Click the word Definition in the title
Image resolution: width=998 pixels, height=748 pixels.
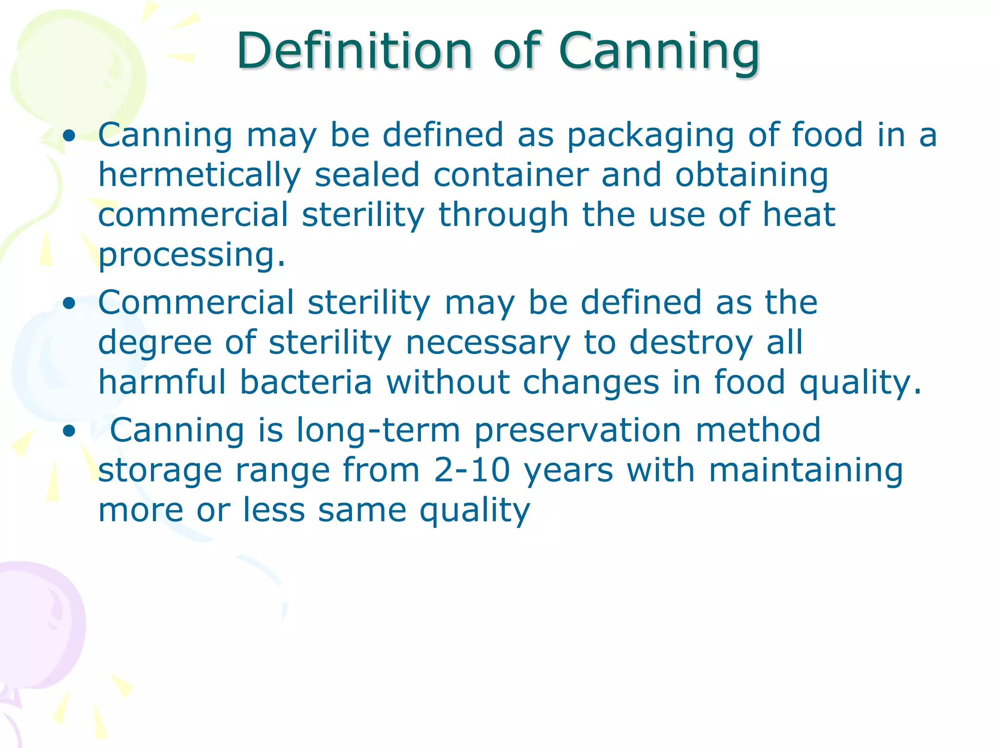(x=354, y=51)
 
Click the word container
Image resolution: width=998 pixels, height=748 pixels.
(x=511, y=175)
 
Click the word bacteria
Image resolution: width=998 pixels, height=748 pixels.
(x=306, y=382)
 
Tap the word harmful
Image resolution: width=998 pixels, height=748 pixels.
(x=162, y=382)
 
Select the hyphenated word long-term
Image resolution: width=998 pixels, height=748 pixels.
(x=378, y=430)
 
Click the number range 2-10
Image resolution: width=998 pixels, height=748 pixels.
(x=472, y=470)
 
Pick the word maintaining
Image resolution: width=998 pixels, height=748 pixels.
(x=806, y=471)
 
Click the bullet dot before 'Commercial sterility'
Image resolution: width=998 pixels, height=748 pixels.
(x=70, y=304)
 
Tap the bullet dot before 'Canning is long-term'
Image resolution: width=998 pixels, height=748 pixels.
(x=70, y=431)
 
